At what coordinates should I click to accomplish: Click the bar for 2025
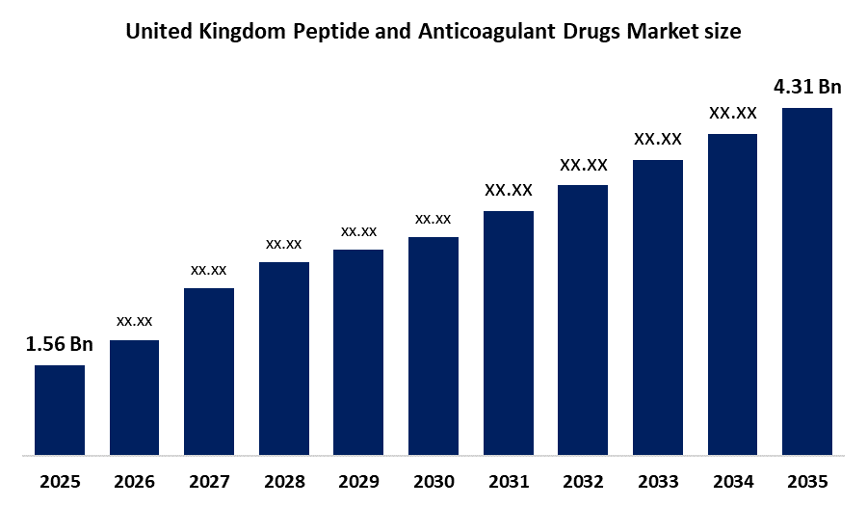[60, 410]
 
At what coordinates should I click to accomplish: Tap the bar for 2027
[209, 371]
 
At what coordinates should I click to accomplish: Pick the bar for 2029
[358, 352]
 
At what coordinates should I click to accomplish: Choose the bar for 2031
[508, 333]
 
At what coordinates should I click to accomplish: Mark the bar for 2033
[658, 306]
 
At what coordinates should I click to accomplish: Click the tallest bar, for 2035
[807, 280]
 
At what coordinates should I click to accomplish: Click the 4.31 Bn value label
[807, 88]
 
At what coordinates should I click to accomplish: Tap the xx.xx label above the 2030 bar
[433, 219]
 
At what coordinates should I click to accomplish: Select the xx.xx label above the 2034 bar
[732, 114]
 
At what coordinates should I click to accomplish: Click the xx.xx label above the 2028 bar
[284, 244]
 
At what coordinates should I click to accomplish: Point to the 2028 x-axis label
[284, 481]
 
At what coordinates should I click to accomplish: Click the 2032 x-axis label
[583, 481]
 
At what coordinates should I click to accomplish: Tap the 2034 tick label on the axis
[732, 481]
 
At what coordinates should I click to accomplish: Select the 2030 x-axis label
[433, 481]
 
